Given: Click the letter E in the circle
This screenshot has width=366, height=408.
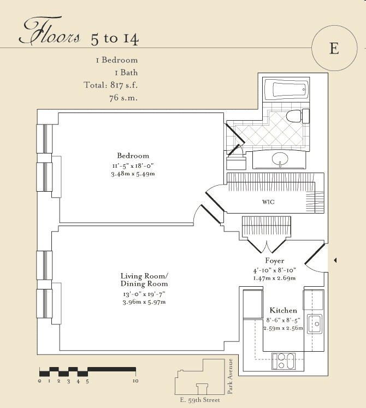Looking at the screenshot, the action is click(334, 48).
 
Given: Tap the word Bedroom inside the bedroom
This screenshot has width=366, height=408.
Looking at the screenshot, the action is click(133, 156).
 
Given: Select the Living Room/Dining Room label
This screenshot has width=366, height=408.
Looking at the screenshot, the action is click(144, 280).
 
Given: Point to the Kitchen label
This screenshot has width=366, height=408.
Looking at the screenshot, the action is click(283, 310).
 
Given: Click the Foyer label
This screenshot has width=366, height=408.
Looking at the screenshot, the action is click(275, 261).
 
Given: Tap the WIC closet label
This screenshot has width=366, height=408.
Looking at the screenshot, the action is click(268, 202).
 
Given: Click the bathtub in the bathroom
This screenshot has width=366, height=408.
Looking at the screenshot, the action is click(287, 89).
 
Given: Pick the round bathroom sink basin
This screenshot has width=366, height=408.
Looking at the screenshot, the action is click(280, 158).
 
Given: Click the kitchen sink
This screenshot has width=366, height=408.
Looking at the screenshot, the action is click(315, 324).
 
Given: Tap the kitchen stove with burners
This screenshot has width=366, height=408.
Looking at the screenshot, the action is click(284, 361).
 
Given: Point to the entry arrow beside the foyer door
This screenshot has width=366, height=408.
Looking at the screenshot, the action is click(335, 260).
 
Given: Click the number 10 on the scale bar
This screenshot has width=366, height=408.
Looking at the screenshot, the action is click(135, 381).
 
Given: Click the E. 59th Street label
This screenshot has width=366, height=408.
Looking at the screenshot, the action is click(200, 400).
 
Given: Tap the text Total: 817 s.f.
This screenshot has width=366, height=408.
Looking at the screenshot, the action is click(111, 85).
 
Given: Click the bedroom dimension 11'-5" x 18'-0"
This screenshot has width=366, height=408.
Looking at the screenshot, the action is click(133, 165).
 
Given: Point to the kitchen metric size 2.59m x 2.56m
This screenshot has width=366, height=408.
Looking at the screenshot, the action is click(283, 328).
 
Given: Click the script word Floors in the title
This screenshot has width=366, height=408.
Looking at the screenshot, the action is click(50, 31).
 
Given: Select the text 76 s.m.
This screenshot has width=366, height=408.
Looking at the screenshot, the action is click(123, 98).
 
